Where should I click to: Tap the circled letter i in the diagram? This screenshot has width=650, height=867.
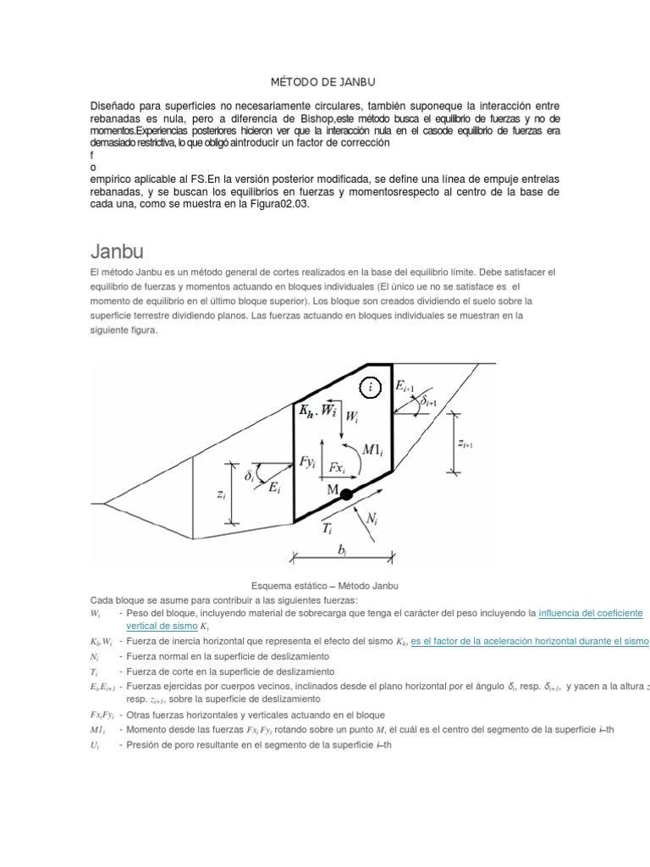[x=372, y=388]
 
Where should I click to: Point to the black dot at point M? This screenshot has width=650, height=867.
[x=346, y=494]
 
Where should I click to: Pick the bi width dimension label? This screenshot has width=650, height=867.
[x=342, y=551]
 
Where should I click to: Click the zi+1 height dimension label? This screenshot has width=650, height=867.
[x=464, y=443]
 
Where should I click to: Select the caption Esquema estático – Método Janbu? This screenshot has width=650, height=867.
[x=325, y=586]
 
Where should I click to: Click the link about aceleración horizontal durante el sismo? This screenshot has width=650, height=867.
[x=529, y=642]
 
